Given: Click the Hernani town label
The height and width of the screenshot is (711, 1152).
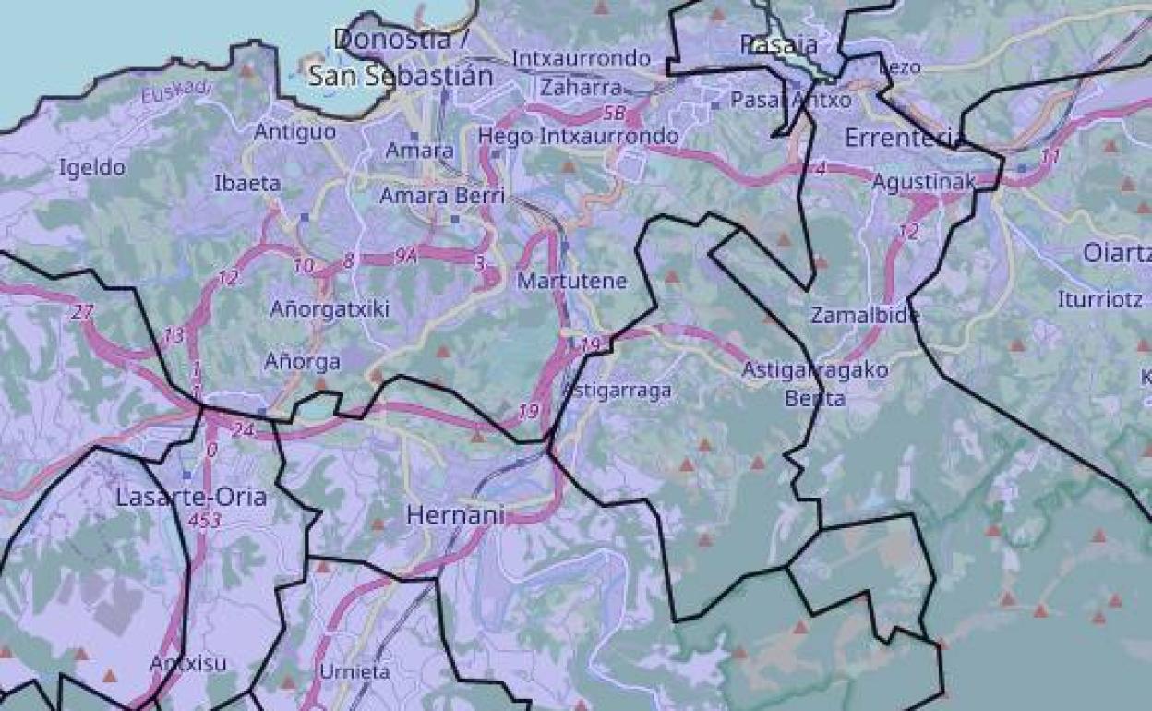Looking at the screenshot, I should (455, 515).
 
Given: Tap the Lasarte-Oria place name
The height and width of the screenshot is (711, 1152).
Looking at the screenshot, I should (191, 497).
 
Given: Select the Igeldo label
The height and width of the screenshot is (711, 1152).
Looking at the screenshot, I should (91, 167).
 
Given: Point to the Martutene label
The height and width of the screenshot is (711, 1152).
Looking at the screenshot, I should (571, 281).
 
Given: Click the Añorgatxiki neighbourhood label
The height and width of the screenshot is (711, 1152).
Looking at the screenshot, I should (330, 309).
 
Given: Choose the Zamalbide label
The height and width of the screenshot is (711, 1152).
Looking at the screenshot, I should (865, 316).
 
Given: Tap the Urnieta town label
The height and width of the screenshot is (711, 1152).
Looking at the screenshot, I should (354, 671).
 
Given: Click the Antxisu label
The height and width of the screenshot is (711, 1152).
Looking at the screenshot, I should (188, 663).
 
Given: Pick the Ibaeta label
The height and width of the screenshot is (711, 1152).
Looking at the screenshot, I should (247, 183).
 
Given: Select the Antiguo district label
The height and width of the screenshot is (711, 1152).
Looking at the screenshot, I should (295, 132).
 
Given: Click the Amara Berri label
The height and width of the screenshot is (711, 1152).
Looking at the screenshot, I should (442, 196).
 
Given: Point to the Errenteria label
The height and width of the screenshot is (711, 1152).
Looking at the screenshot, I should (904, 139).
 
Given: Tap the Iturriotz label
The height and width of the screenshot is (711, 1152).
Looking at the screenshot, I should (1100, 299).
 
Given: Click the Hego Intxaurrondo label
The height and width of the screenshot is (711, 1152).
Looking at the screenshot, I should (578, 137).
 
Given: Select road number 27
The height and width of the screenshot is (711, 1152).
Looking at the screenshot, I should (82, 312).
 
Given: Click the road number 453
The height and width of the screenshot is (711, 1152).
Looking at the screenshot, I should (204, 521).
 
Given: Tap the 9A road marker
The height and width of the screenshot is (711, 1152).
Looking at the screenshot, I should (406, 258).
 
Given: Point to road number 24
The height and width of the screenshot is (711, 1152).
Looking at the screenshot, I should (243, 429).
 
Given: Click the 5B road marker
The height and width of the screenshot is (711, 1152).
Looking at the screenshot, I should (614, 114).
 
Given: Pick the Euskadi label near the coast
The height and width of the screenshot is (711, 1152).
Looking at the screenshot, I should (176, 92).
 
